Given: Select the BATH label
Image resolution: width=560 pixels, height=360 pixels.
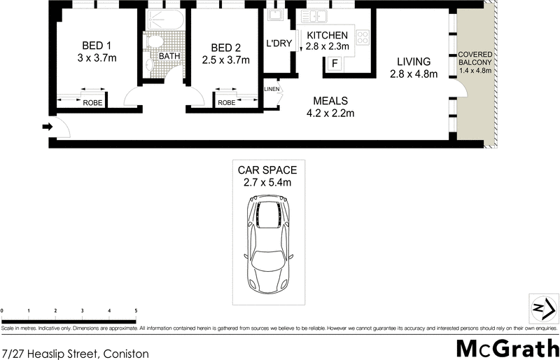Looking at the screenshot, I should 169,56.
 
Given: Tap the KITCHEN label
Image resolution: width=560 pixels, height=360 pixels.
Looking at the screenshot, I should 327,35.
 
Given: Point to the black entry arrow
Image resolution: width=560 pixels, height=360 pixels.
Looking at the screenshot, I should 47,127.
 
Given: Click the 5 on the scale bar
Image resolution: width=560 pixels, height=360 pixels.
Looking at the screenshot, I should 136,310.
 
